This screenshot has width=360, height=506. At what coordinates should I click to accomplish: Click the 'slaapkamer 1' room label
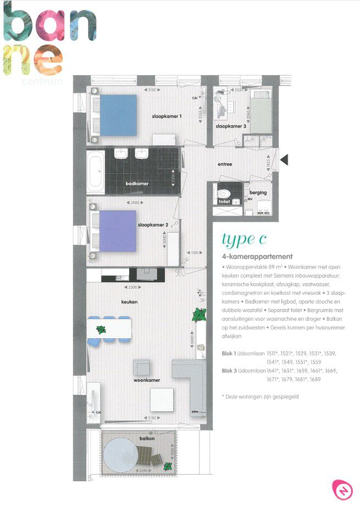(167, 117)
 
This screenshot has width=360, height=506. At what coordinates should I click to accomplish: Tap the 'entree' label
(225, 164)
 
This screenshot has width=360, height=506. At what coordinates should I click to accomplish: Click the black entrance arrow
(285, 159)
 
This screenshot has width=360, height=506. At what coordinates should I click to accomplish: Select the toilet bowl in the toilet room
(223, 194)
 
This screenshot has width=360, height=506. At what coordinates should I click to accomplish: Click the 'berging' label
(258, 193)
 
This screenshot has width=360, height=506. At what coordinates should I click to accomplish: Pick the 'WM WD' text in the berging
(263, 212)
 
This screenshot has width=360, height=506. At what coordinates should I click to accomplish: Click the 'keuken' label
(129, 302)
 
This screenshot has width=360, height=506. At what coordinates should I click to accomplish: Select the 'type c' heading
(244, 239)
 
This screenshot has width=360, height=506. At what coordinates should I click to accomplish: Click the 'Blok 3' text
(230, 371)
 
